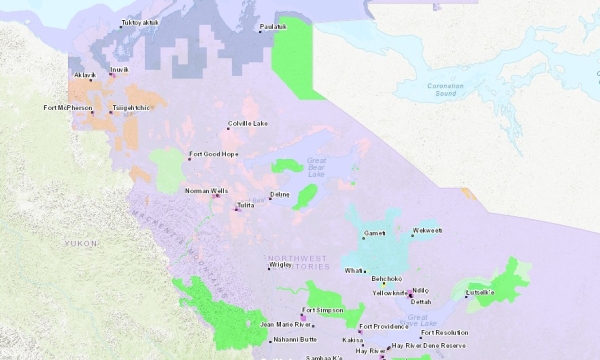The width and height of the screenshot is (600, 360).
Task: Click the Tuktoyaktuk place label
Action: pos(140,22)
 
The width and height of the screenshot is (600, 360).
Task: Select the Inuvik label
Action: pos(119,69)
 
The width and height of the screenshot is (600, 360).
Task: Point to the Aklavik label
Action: pos(84,75)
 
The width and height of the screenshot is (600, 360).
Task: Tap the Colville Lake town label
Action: pos(248,123)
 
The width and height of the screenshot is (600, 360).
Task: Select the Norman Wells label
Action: pos(206,190)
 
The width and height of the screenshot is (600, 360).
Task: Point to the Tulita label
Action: pos(246,205)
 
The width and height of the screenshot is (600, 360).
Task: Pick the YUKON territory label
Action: pos(81,243)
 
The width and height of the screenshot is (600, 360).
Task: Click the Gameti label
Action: pos(375,233)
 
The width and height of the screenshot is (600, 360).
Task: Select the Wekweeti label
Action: pos(427,231)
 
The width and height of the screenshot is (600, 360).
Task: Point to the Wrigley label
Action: pos(280,266)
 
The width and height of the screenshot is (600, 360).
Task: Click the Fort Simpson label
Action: pos(323,310)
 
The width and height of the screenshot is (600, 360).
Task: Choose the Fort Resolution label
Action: pos(444,332)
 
